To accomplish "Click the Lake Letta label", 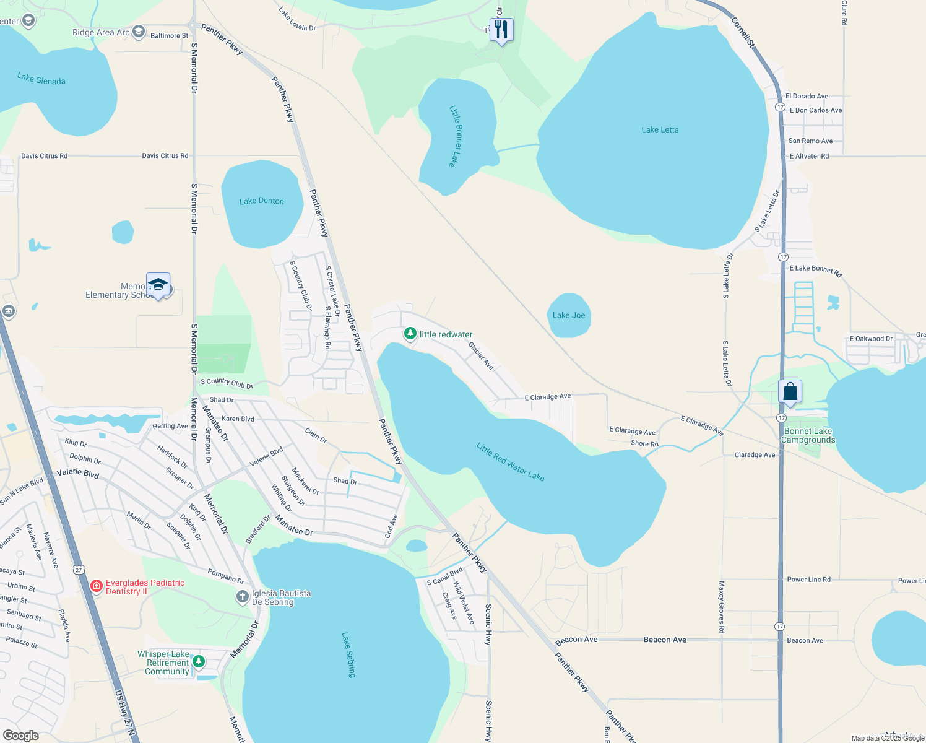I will pos(660,130).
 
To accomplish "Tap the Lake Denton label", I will pos(261,201).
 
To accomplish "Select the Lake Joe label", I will pos(569,315).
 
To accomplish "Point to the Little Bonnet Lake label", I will pos(456,136).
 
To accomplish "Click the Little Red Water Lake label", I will pos(510,461).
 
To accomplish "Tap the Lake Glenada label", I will pos(41,80).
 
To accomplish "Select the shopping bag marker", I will pos(790,392).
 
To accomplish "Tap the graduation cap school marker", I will pos(158,285).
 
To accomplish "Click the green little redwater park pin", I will pos(410,334).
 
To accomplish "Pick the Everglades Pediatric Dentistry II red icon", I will pos(97,586).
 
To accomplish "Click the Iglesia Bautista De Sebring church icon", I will pos(243,597).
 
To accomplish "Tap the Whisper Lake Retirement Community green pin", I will pos(199,662).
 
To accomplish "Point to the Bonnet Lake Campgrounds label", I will pos(808,436).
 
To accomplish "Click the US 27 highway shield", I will pos(79,570).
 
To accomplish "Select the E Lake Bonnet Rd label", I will pos(815,270).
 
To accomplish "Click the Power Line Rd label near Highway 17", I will pos(808,580).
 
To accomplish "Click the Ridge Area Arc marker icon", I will pos(139,31).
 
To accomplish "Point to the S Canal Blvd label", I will pos(445,577).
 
